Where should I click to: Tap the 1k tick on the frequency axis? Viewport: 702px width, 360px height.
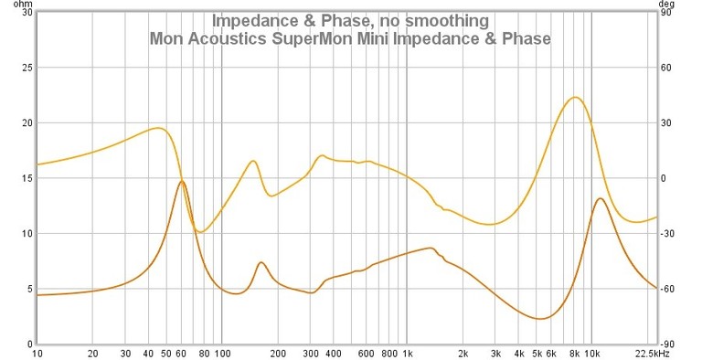point(408,353)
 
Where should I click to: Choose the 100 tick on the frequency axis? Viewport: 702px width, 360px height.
point(222,353)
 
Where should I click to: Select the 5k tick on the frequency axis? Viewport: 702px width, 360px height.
point(537,353)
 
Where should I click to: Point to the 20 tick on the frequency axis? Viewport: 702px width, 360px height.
point(92,353)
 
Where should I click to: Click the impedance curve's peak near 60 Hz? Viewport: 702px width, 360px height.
point(182,181)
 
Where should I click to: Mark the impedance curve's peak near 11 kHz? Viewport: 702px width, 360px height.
point(600,198)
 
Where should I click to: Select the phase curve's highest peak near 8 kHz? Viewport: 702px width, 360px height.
point(575,97)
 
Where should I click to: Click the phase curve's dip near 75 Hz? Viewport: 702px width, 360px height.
point(200,232)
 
